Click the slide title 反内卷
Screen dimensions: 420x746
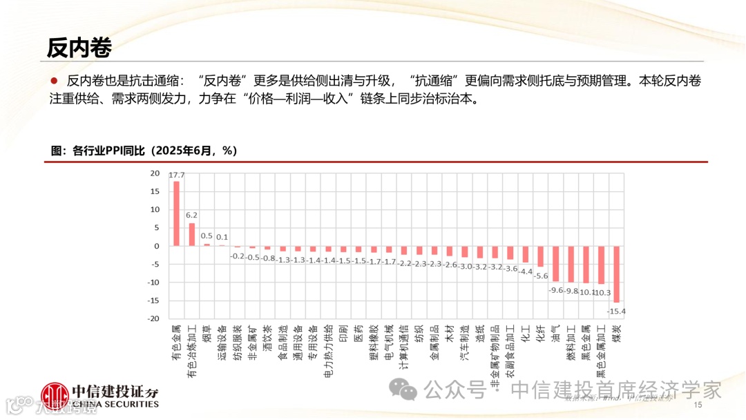coord(79,48)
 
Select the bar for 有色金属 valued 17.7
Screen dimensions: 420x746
coord(176,213)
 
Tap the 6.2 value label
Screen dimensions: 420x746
coord(191,216)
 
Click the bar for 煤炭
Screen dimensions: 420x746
coord(617,274)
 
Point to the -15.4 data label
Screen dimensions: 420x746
coord(616,312)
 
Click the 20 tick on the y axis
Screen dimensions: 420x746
coord(155,173)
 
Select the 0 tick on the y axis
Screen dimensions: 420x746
coord(157,246)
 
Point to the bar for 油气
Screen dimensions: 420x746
coord(555,264)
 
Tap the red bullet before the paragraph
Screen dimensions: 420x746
coord(53,81)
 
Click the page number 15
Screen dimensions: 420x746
coord(697,405)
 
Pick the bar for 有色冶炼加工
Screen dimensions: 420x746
coord(191,234)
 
